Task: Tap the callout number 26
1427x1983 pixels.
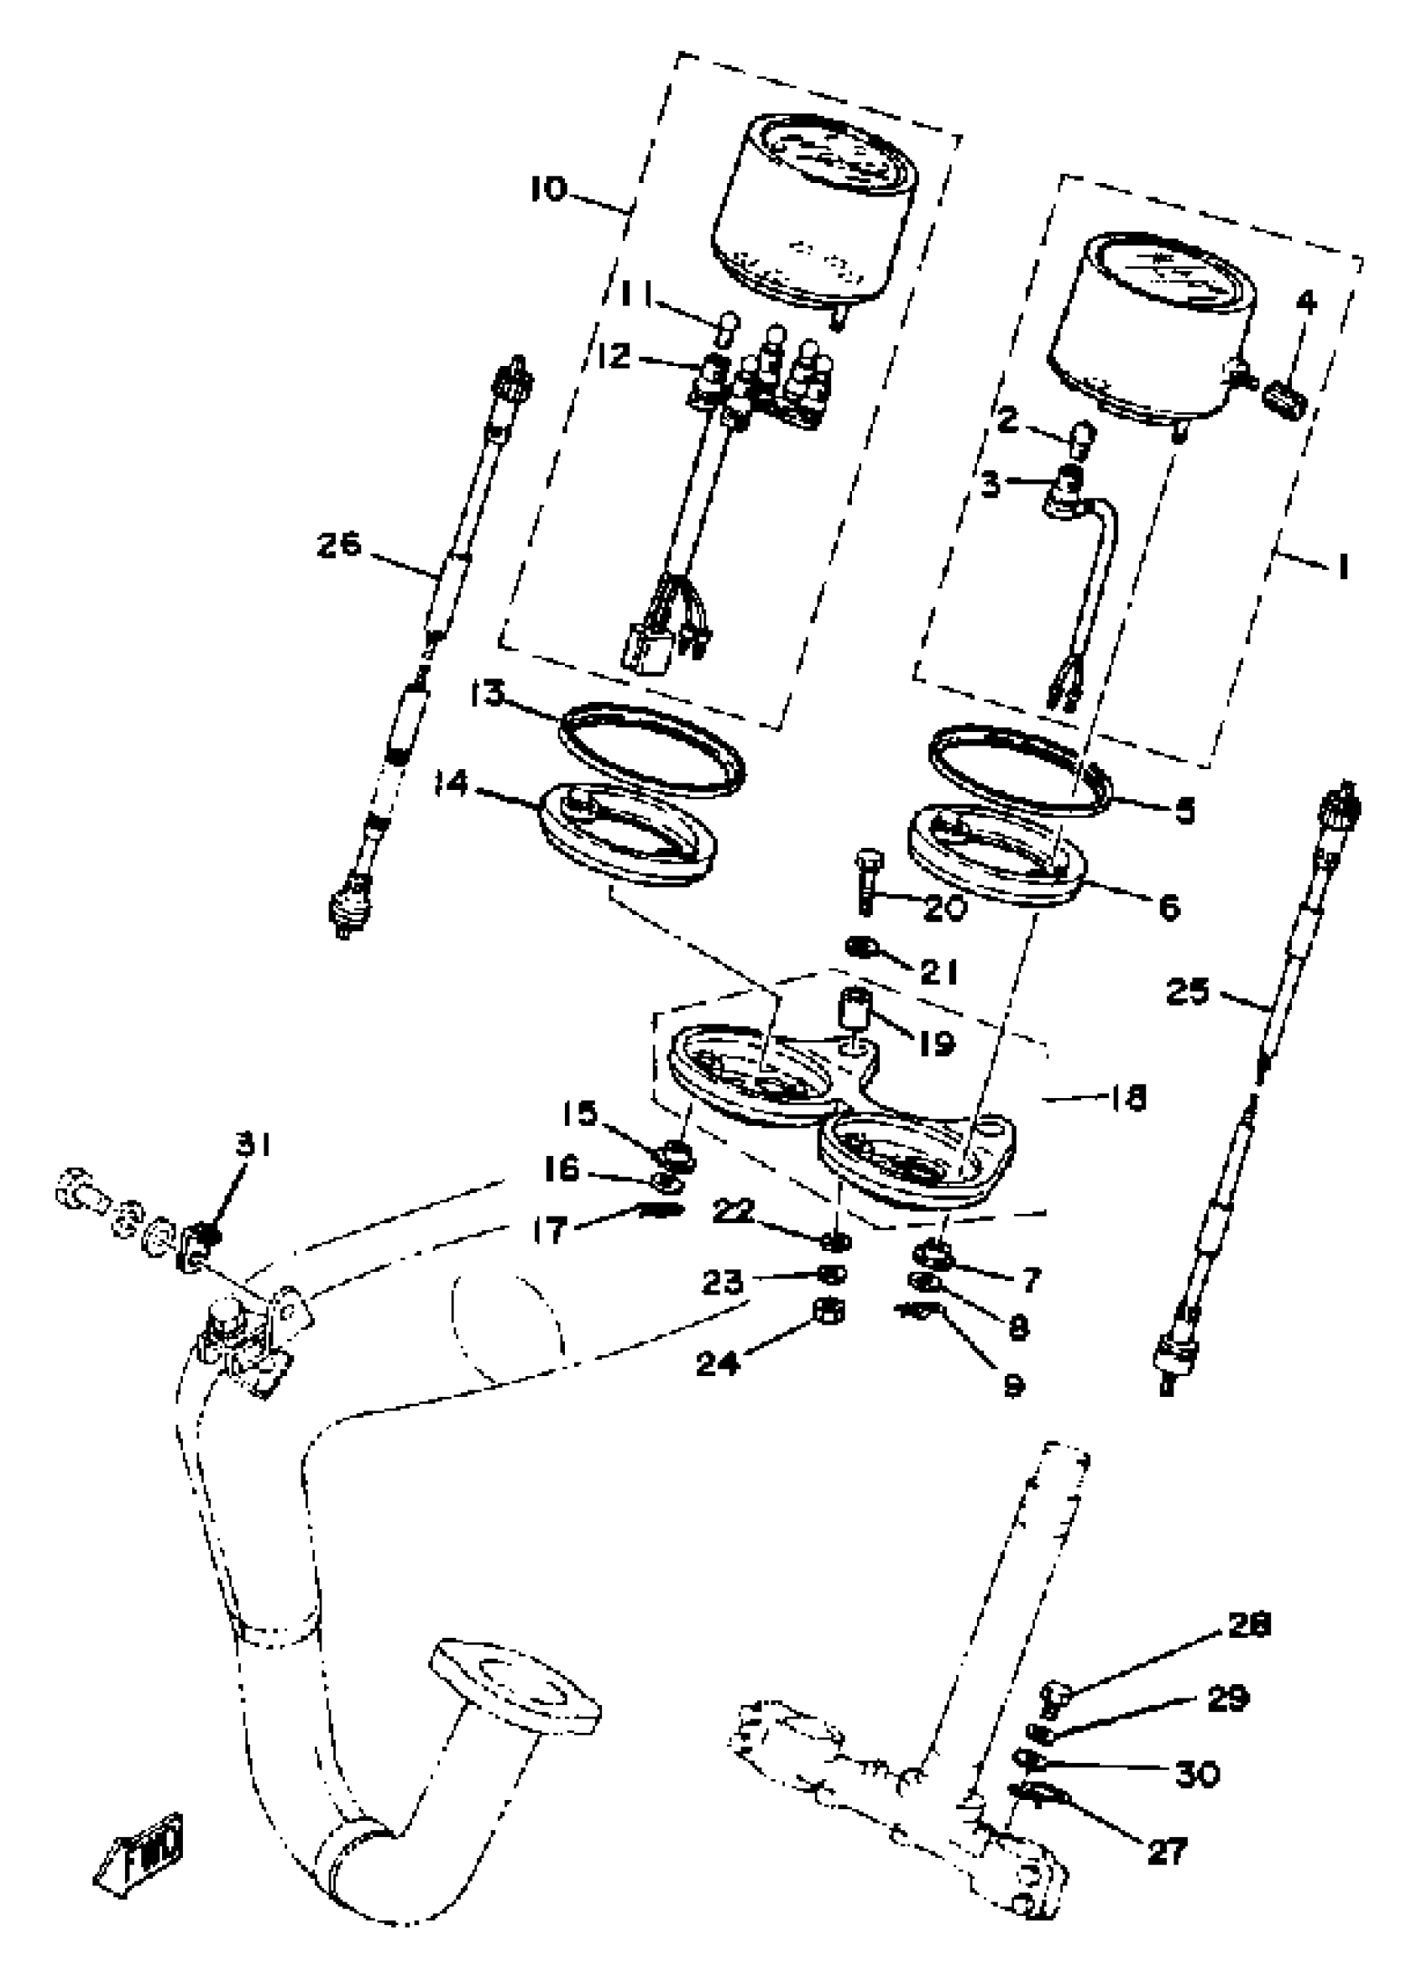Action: pyautogui.click(x=338, y=546)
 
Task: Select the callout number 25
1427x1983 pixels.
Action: pyautogui.click(x=1188, y=991)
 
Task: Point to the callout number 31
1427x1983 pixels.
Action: pyautogui.click(x=252, y=1144)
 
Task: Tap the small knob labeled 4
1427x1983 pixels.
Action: pyautogui.click(x=1285, y=404)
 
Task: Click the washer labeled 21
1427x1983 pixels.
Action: pyautogui.click(x=861, y=946)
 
